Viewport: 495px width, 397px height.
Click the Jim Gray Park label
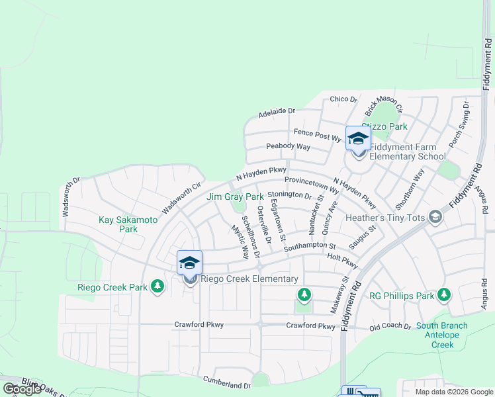(235, 197)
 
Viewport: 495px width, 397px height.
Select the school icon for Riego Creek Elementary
(189, 263)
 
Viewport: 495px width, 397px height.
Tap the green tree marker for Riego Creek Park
(157, 287)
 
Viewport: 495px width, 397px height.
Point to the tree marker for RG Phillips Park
(444, 294)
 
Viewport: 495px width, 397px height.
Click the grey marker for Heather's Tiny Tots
(435, 217)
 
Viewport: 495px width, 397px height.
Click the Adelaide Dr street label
(277, 113)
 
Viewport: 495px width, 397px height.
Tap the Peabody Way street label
(288, 146)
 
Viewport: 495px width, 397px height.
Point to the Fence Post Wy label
(317, 136)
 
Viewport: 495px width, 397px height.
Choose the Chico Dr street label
(343, 99)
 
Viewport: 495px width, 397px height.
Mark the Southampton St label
(310, 245)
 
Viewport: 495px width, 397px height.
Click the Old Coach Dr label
(390, 326)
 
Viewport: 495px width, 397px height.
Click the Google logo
(22, 389)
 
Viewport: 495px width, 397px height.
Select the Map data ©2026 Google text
(453, 392)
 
